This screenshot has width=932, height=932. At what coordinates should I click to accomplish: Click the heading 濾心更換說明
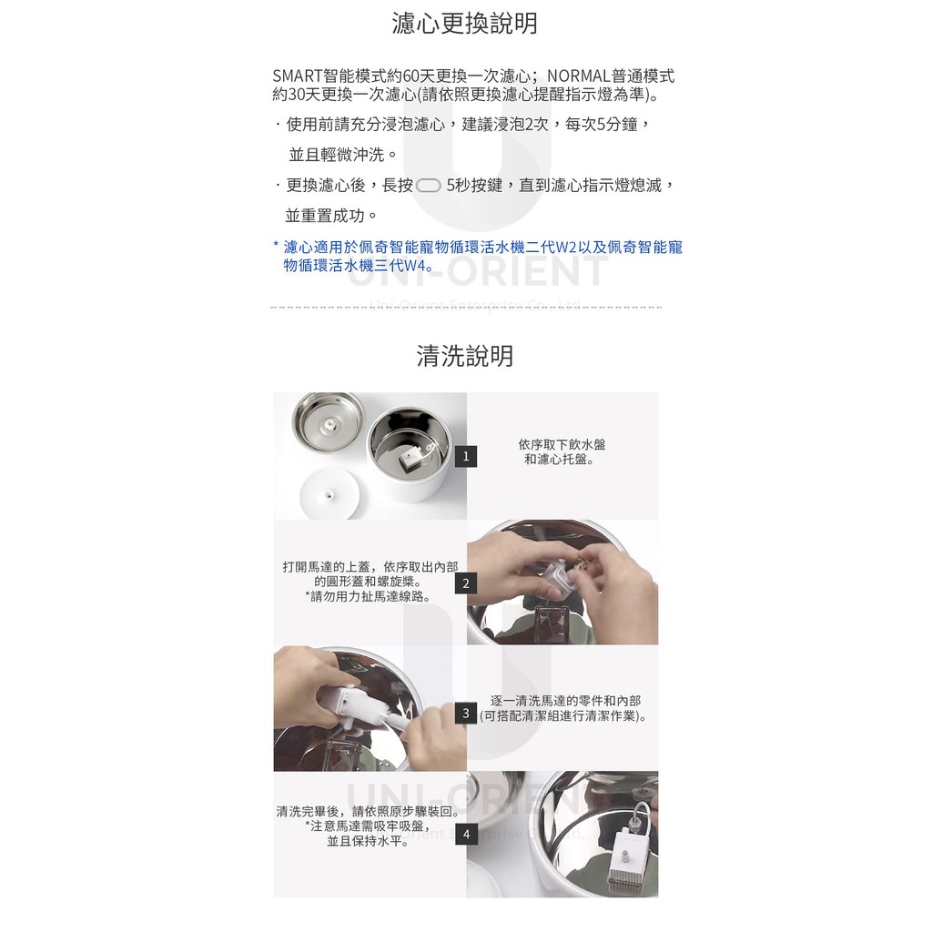point(465,24)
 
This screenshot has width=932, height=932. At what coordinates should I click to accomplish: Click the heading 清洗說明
point(465,356)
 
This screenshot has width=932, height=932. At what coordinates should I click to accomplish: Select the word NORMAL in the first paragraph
point(578,76)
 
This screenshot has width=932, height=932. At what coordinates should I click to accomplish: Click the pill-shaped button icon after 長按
point(429,186)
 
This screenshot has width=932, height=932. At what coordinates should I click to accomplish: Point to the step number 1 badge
point(466,457)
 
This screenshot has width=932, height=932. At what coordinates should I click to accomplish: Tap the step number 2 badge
point(466,583)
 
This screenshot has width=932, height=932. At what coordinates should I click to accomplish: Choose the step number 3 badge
point(466,713)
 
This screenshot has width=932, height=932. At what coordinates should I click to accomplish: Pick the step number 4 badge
point(466,835)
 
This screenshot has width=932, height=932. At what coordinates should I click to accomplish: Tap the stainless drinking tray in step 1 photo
point(328,422)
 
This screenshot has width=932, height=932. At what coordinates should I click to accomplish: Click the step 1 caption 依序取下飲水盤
point(562,444)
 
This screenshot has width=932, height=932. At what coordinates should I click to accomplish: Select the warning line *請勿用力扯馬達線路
point(368,597)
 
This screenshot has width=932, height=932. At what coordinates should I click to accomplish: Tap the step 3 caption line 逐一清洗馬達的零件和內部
point(565,701)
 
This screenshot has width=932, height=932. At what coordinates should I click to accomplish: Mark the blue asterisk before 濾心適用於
point(276,245)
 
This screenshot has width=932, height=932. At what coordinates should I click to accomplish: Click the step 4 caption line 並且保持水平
point(368,841)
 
